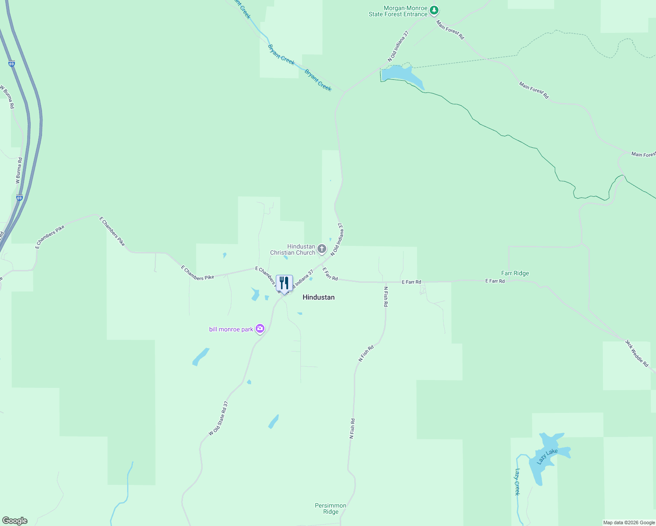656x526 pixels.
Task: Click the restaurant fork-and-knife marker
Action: point(284,284)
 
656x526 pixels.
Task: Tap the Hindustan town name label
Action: point(318,297)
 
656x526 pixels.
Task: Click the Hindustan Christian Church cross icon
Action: point(322,249)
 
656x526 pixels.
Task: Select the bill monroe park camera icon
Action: point(260,329)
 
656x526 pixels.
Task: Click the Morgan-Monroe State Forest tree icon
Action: point(434,10)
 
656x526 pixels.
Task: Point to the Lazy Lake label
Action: point(547,457)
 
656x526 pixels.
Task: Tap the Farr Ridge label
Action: point(515,273)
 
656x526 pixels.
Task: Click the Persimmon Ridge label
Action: point(331,508)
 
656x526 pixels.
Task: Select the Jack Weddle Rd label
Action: point(637,353)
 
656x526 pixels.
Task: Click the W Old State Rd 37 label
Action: point(218,418)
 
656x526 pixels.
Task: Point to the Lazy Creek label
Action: point(517,482)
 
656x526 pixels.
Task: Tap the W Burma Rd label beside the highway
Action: point(18,171)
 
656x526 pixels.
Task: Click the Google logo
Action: point(14,521)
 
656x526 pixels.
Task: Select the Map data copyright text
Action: point(629,522)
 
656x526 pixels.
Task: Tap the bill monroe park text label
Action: point(231,329)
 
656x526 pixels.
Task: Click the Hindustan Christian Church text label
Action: point(292,249)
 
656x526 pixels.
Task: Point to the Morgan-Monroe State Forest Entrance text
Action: point(398,11)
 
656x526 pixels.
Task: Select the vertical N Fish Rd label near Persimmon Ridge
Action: point(352,428)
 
